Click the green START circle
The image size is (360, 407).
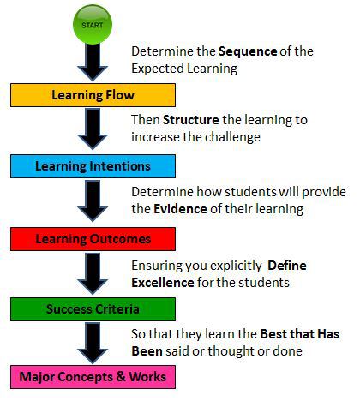(x=93, y=25)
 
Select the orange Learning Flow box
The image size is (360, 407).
(x=93, y=95)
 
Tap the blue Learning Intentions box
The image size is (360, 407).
(x=93, y=166)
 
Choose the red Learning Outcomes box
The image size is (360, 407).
(x=93, y=239)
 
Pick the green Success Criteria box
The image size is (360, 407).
(x=93, y=309)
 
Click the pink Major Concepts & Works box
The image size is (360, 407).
(x=93, y=377)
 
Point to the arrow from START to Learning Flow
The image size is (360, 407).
(x=93, y=63)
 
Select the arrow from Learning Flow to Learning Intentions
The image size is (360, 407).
(x=93, y=129)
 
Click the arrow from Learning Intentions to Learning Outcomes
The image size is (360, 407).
(x=93, y=201)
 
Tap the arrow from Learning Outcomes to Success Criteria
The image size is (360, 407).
(x=93, y=273)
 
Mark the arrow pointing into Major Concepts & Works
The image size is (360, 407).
(x=93, y=344)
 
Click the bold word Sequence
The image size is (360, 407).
(x=248, y=52)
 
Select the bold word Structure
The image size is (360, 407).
(x=191, y=120)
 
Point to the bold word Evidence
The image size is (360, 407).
(x=180, y=209)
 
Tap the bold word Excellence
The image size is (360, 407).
(x=163, y=283)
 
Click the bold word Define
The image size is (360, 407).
(x=287, y=266)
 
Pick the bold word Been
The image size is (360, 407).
(x=147, y=351)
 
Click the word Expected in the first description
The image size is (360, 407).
(x=158, y=69)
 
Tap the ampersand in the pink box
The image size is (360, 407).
(x=121, y=376)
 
